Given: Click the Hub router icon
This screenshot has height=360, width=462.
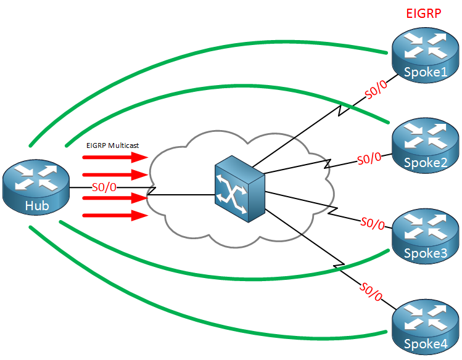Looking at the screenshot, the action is coord(36,187).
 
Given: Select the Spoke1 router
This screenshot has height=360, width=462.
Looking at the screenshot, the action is coord(425,55).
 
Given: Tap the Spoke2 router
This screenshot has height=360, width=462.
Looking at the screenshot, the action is coord(425,145).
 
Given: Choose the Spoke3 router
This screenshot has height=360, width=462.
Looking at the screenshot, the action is coord(425,236).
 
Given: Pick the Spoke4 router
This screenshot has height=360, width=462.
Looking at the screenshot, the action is coord(425,327).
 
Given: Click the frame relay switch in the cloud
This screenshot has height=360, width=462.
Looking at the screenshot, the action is coord(240,189).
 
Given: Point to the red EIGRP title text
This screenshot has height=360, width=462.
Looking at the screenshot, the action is coord(423,14).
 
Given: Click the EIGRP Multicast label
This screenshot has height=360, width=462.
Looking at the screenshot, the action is coord(112,145).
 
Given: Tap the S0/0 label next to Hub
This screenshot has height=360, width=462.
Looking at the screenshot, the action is coord(104,187).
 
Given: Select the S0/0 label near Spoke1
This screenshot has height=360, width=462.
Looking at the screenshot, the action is coord(376,89).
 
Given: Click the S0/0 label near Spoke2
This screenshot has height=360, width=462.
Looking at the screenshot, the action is coord(369,158).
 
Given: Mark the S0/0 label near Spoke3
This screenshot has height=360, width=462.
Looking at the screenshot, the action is coord(373,223).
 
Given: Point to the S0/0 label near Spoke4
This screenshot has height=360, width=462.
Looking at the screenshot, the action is coord(371,292).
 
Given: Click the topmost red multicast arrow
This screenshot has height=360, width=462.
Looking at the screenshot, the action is coord(115,157).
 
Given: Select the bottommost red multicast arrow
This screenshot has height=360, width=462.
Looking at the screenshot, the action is coord(115,216).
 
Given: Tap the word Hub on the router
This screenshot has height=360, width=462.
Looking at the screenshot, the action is coord(37,206).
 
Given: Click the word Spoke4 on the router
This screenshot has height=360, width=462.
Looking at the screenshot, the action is coord(426,344).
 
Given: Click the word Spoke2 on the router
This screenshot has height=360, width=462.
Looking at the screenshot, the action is coord(426,163).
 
